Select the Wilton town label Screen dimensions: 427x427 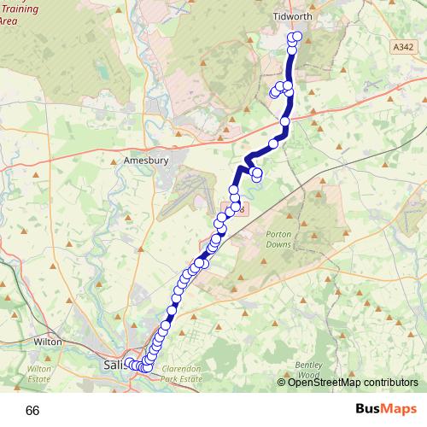pyautogui.click(x=47, y=341)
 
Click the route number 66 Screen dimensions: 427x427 pyautogui.click(x=32, y=410)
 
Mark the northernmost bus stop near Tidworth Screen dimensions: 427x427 pyautogui.click(x=297, y=36)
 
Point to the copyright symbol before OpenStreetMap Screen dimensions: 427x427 pyautogui.click(x=283, y=382)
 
